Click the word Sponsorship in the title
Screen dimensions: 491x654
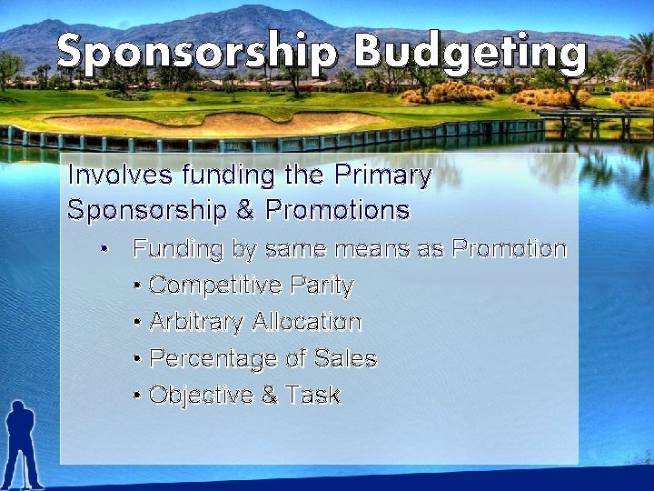tap(196, 53)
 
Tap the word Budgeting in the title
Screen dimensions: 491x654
tap(470, 53)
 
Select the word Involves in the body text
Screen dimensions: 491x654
tap(121, 175)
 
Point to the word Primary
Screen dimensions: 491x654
tap(382, 175)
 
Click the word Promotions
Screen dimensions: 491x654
tap(338, 211)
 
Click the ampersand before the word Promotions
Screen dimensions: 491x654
tap(245, 211)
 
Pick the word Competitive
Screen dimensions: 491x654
tap(215, 286)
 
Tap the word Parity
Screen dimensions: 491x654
tap(322, 286)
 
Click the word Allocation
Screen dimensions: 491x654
tap(307, 322)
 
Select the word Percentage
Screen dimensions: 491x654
tap(213, 358)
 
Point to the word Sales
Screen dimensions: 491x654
tap(345, 358)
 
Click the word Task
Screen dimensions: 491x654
tap(312, 395)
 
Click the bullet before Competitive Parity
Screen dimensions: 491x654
tap(136, 286)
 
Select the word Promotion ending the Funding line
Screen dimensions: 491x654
tap(509, 248)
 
